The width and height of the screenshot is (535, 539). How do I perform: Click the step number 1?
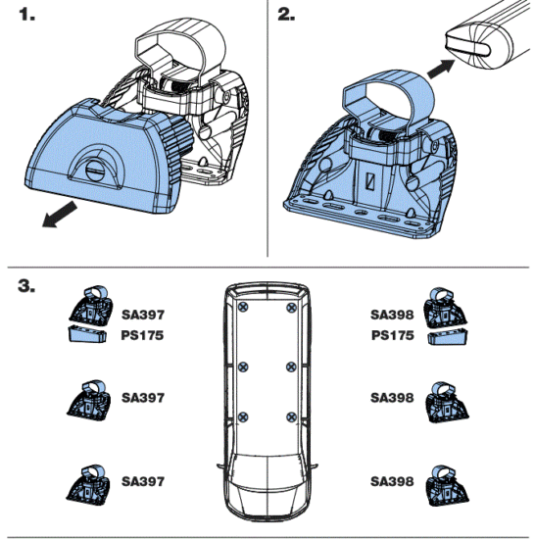coord(22,18)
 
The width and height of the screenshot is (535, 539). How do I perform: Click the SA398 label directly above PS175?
coord(392,317)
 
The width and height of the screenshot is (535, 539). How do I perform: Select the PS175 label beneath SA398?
coord(392,336)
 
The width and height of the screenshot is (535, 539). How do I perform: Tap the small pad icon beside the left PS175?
coord(88,336)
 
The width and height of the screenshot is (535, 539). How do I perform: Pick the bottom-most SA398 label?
coord(392,483)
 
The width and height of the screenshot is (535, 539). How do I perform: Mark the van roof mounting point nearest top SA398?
coord(290,308)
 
